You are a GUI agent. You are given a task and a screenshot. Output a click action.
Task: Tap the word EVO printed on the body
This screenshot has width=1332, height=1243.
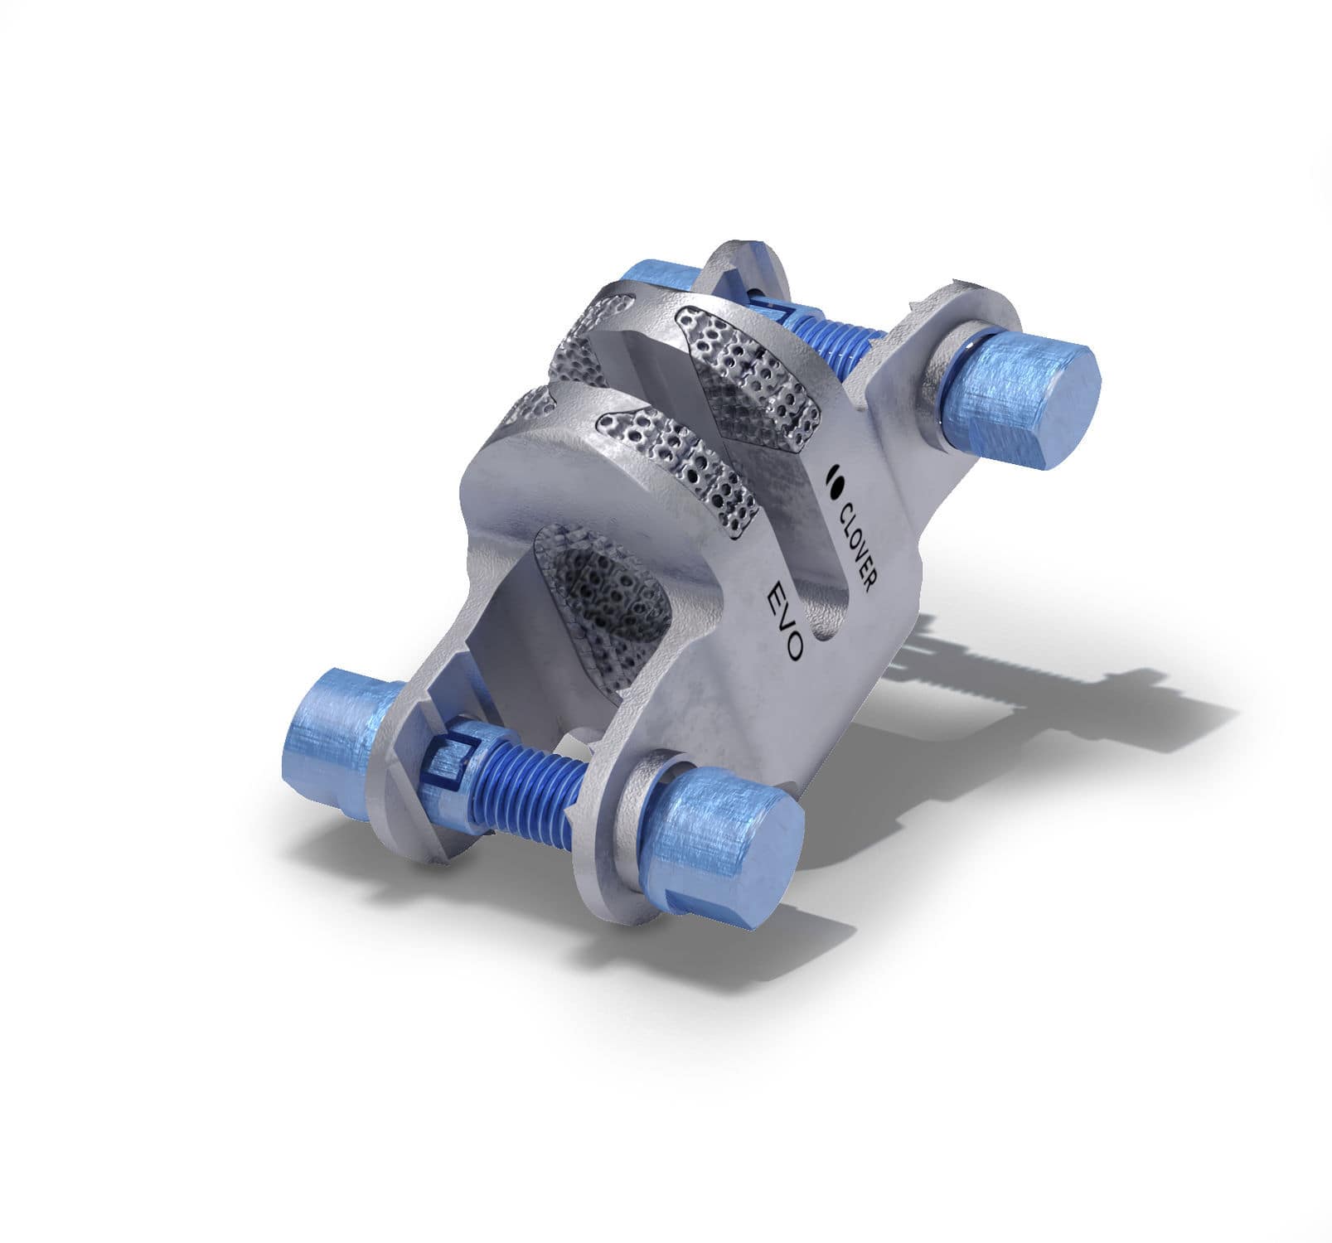pyautogui.click(x=784, y=621)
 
